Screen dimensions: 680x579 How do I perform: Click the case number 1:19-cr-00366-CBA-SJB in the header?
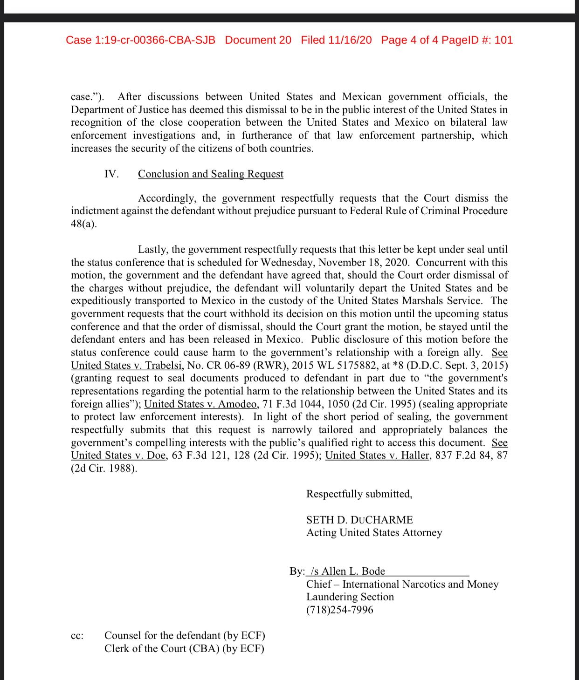coord(140,40)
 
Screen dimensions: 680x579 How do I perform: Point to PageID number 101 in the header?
coord(503,40)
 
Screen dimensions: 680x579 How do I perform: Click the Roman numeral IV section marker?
coord(111,174)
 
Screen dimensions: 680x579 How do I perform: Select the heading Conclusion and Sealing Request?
coord(210,174)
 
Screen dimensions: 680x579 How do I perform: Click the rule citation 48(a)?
coord(84,224)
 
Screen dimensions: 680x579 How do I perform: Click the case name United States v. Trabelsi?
coord(126,366)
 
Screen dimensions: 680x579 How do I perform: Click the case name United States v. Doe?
coord(118,456)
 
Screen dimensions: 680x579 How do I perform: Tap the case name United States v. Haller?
coord(377,456)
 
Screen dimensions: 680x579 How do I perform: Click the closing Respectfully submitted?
coord(359,494)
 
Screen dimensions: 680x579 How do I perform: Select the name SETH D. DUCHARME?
coord(359,520)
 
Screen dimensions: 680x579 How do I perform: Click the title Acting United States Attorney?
coord(374,533)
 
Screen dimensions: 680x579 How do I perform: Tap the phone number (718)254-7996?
coord(339,610)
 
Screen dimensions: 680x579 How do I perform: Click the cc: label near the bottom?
coord(77,636)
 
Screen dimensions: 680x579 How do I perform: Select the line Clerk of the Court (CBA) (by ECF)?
coord(184,649)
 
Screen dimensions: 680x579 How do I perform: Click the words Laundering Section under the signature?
coord(350,597)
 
